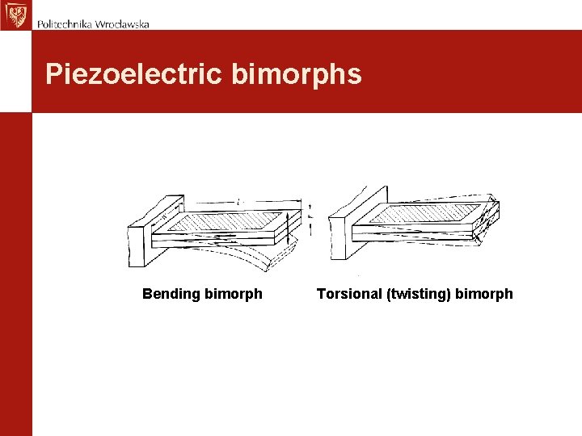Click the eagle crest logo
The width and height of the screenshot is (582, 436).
point(14,15)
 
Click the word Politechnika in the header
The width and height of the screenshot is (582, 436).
point(65,23)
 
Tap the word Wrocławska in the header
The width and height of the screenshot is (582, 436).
point(122,23)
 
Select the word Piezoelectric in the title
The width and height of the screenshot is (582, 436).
point(133,74)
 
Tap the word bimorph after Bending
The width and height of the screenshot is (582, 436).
point(234,294)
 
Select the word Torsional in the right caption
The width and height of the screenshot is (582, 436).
point(350,294)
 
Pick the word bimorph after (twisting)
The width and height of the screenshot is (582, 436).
point(484,294)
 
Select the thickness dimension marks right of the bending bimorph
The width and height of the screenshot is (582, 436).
point(310,218)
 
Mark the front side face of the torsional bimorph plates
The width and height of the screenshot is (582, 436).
point(420,234)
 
